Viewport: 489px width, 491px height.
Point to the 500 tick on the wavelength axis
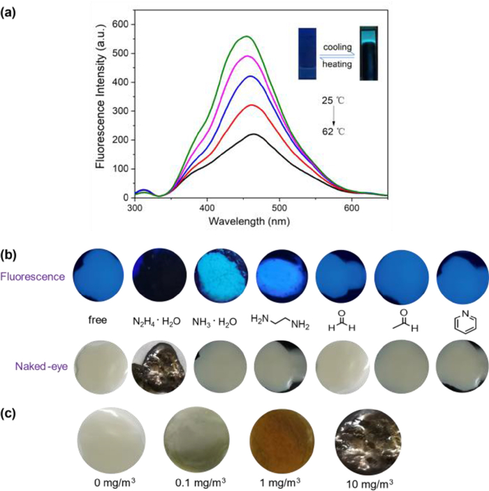coord(279,207)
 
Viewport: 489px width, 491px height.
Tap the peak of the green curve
coord(247,36)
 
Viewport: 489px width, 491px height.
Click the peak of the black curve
coord(254,134)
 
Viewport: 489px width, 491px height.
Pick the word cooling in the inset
coord(338,46)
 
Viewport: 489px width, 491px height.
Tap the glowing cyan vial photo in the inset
coord(369,52)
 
